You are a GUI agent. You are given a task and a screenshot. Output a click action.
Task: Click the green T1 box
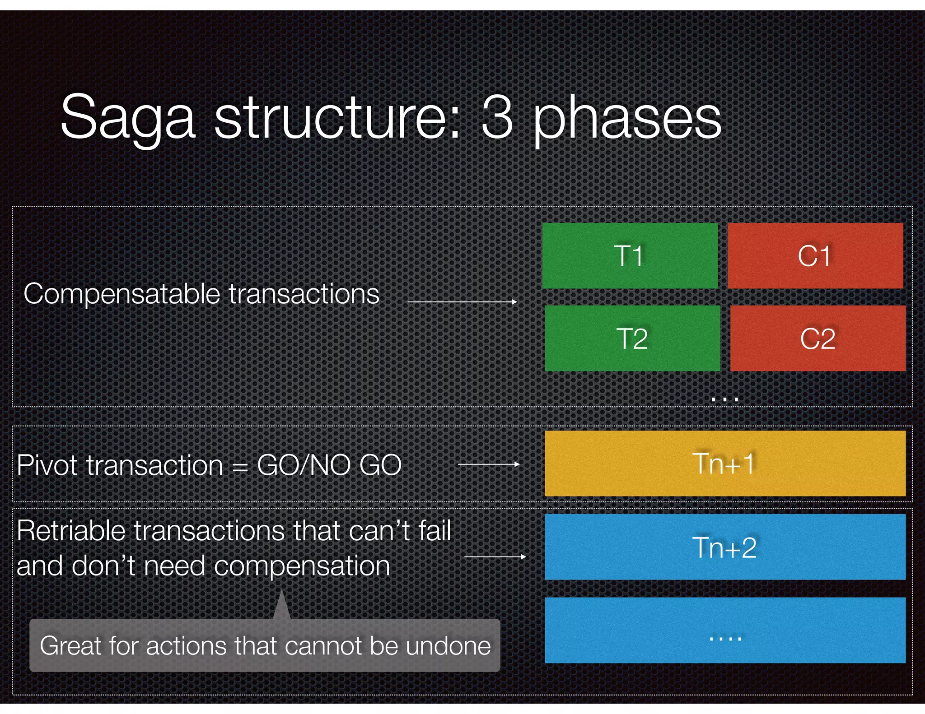point(630,256)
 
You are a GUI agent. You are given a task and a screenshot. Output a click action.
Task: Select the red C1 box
point(815,256)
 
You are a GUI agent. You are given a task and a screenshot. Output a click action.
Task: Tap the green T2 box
point(632,338)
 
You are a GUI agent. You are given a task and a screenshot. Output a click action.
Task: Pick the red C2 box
point(818,338)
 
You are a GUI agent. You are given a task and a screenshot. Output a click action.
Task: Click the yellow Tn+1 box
point(724,464)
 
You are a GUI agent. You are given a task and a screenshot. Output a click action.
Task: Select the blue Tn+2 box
point(724,547)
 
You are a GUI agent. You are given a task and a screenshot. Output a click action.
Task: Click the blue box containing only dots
point(724,630)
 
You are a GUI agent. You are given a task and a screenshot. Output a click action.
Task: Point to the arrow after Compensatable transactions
point(462,301)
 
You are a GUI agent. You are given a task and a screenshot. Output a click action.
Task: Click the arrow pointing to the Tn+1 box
point(489,464)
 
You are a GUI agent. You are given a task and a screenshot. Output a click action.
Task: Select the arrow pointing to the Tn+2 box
point(495,557)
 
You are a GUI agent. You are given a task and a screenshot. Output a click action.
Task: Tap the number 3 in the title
point(497,117)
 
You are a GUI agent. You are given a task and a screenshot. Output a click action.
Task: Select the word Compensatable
point(121,295)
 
